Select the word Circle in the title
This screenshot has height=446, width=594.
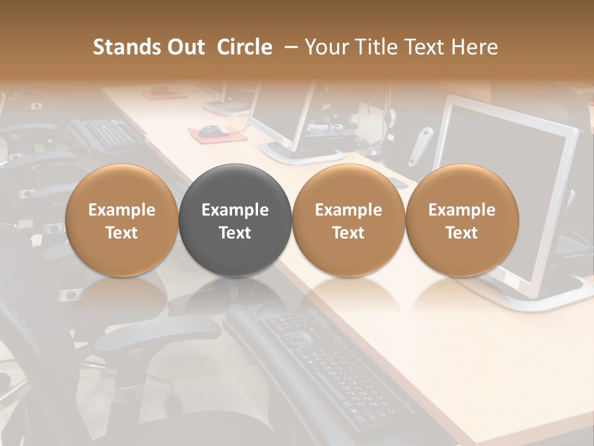244,47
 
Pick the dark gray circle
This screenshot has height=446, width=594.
235,220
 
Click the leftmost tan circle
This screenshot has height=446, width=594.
122,220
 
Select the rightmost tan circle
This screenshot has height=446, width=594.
462,220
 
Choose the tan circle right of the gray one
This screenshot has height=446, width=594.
348,220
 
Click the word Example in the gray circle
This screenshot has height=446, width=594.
235,210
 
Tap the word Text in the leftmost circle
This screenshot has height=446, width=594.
122,233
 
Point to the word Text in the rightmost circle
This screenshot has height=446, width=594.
462,233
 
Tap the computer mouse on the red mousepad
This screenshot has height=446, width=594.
212,130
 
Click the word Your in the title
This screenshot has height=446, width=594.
325,47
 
